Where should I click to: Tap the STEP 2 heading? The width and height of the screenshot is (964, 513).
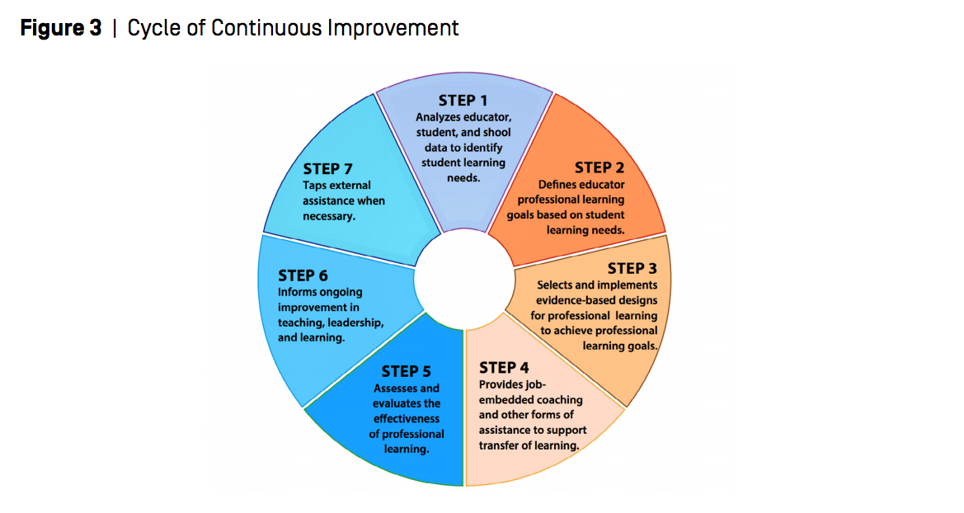[x=604, y=168]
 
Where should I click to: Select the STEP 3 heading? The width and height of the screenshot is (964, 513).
[x=632, y=268]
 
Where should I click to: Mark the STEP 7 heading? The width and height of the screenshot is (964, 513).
[x=333, y=169]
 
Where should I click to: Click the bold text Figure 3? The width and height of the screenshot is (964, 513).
[x=61, y=28]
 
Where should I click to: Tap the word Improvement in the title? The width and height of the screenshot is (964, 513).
[x=393, y=28]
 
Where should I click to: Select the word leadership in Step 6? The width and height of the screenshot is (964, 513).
[x=355, y=322]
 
